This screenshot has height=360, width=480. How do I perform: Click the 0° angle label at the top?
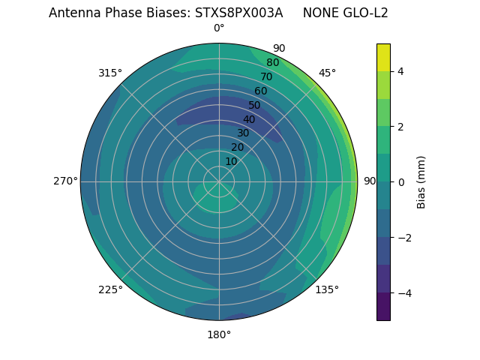coord(219,28)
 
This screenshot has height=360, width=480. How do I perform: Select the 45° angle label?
coord(327,73)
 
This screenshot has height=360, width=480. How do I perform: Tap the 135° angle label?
coord(327,289)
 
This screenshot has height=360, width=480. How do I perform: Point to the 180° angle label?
coord(219,334)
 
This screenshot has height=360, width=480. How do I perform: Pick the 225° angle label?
coord(110,289)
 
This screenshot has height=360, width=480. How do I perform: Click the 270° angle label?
coord(65,181)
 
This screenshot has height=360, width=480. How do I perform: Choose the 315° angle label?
coord(110,73)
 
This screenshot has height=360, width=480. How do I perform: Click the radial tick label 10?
coord(231,161)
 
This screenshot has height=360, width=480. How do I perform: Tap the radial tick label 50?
coord(255,105)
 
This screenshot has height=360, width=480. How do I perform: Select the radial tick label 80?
coord(273,63)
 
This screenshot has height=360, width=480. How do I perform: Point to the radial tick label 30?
coord(243,133)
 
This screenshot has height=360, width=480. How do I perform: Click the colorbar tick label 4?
coord(400,71)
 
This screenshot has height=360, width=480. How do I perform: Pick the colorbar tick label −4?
coord(403,293)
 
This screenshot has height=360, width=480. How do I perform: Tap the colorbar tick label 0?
coord(400,182)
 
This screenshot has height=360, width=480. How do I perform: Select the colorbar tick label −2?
coord(403,238)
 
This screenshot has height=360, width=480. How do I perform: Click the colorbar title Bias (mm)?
coord(421,182)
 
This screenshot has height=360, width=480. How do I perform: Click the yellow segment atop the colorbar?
coord(383,57)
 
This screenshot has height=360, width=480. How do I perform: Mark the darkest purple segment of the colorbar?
coord(383,307)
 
